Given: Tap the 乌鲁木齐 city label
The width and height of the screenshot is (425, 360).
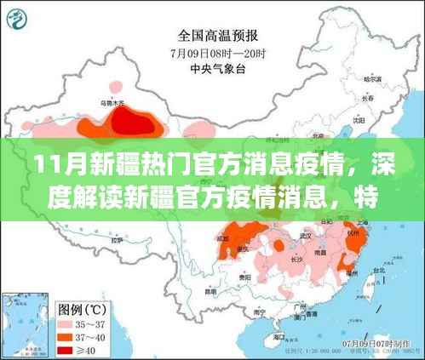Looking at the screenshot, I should point(112,104).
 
